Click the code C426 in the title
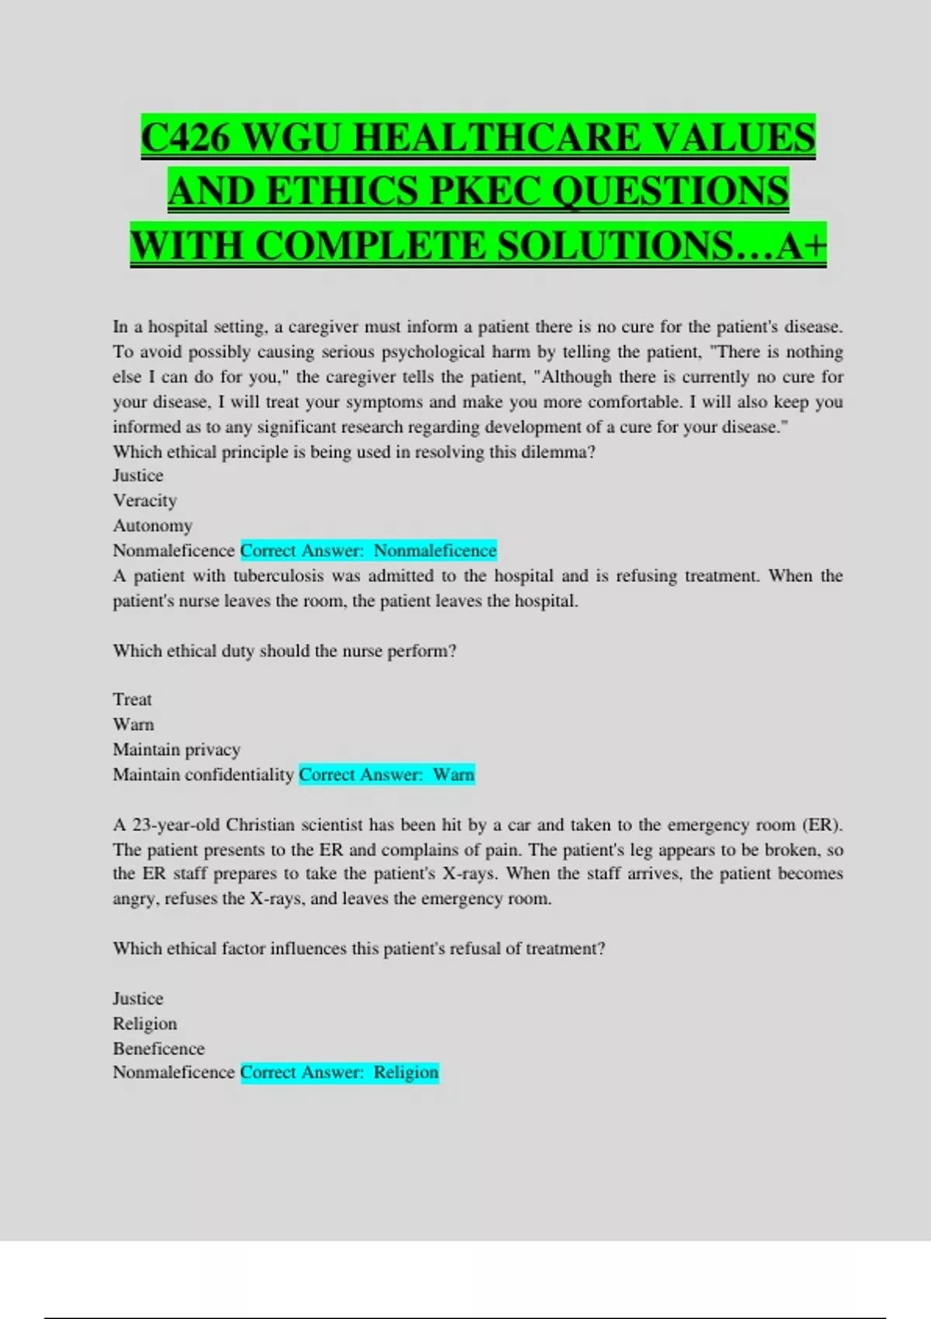tap(186, 138)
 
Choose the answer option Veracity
tap(145, 500)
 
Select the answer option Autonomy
tap(153, 525)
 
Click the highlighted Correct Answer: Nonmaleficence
tap(369, 551)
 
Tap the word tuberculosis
tap(279, 576)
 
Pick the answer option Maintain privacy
tap(177, 750)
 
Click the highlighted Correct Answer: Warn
tap(386, 774)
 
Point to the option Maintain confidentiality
tap(203, 774)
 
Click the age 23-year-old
tap(176, 825)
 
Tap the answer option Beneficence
tap(159, 1048)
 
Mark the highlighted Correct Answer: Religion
tap(340, 1072)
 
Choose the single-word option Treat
tap(133, 699)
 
